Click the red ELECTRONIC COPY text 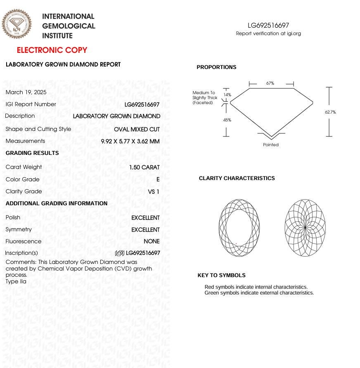pyautogui.click(x=52, y=50)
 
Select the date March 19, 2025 pyautogui.click(x=26, y=92)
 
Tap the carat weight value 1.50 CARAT pyautogui.click(x=144, y=167)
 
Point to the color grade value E pyautogui.click(x=158, y=180)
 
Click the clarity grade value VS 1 pyautogui.click(x=154, y=192)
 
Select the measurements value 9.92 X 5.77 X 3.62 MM pyautogui.click(x=130, y=141)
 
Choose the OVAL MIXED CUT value pyautogui.click(x=137, y=129)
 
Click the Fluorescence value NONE pyautogui.click(x=152, y=242)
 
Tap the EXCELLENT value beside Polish pyautogui.click(x=145, y=218)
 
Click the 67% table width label pyautogui.click(x=270, y=83)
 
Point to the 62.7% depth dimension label pyautogui.click(x=330, y=112)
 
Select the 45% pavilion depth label pyautogui.click(x=227, y=120)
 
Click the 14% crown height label pyautogui.click(x=227, y=95)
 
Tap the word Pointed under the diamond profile pyautogui.click(x=271, y=145)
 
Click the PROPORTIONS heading pyautogui.click(x=216, y=67)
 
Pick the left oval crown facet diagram pyautogui.click(x=239, y=228)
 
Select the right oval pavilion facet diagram pyautogui.click(x=305, y=228)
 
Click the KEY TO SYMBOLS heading pyautogui.click(x=221, y=275)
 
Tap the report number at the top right pyautogui.click(x=268, y=26)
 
